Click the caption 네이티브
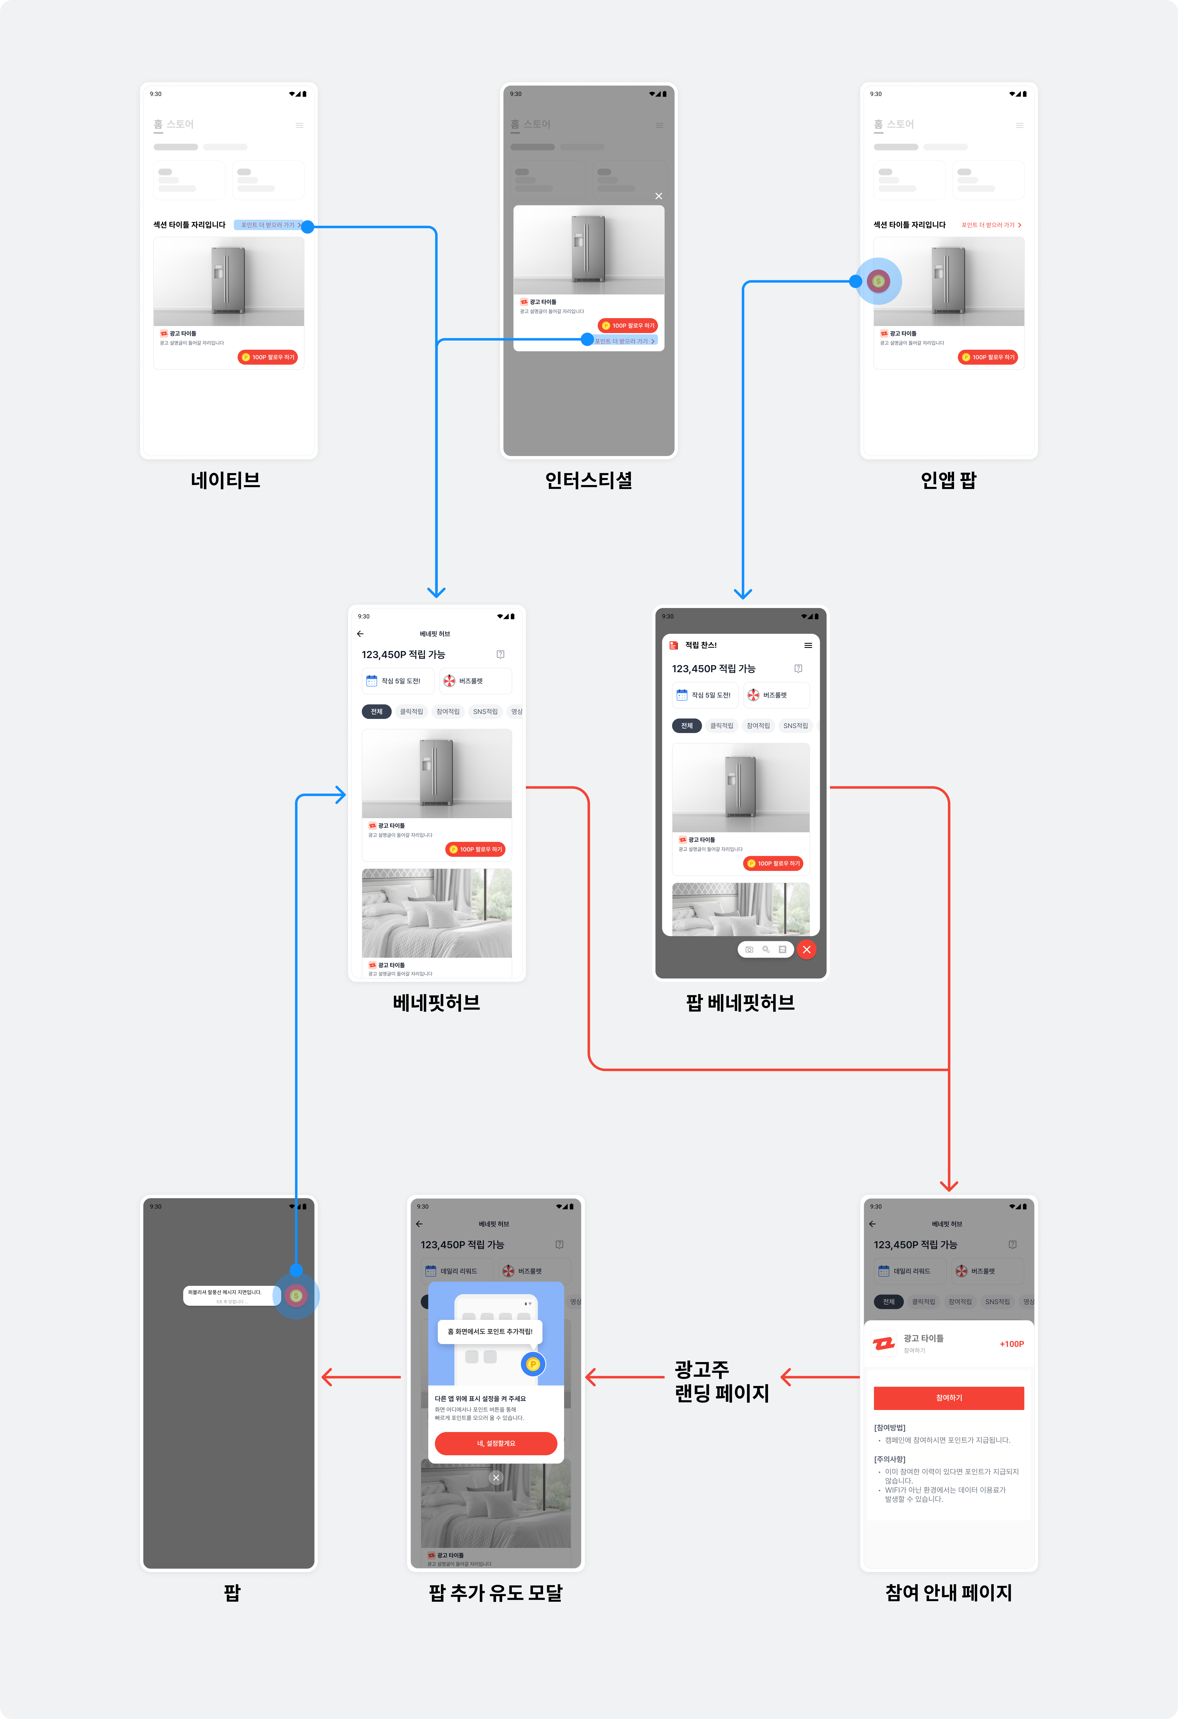(x=226, y=480)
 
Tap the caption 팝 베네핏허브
(x=740, y=1002)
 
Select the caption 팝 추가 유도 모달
(x=496, y=1593)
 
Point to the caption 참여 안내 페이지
(x=949, y=1593)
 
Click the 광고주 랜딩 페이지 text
(x=722, y=1381)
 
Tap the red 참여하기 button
(x=949, y=1397)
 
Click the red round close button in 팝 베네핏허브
(x=806, y=949)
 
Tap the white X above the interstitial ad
(x=659, y=196)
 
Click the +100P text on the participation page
(x=1011, y=1344)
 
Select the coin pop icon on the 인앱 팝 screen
(x=878, y=281)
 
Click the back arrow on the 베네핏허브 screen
(x=360, y=634)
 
